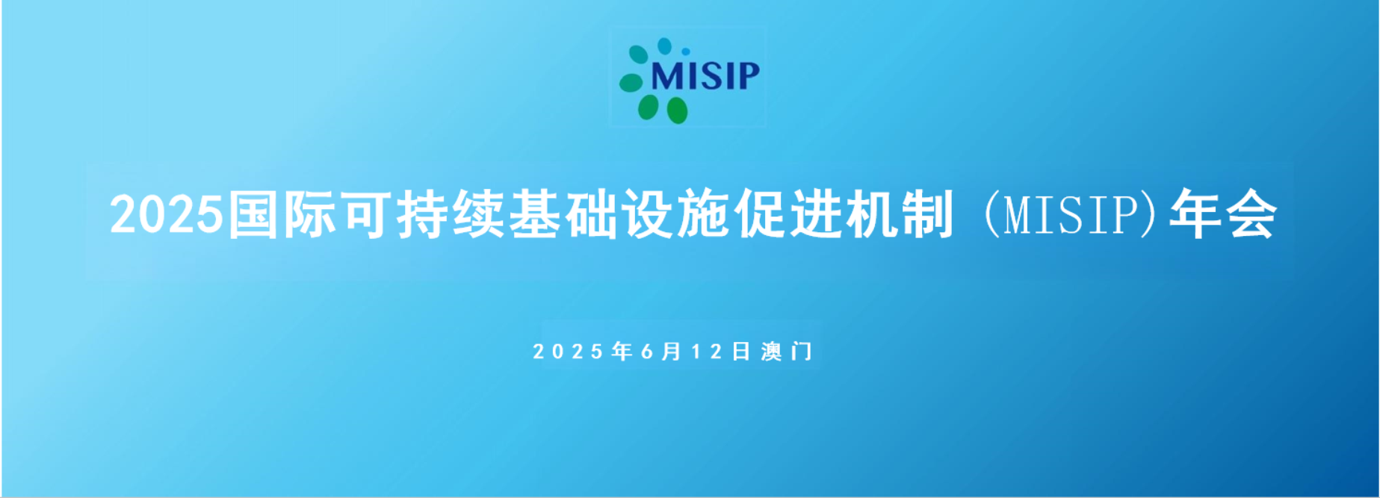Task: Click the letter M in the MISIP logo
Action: pyautogui.click(x=666, y=75)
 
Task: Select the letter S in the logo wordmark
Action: pyautogui.click(x=710, y=75)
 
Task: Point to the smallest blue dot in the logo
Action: pyautogui.click(x=686, y=52)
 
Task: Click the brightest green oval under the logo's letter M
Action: pyautogui.click(x=677, y=110)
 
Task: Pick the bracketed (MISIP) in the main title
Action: pyautogui.click(x=1072, y=215)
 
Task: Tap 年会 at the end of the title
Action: pyautogui.click(x=1222, y=215)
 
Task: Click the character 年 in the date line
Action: pyautogui.click(x=622, y=351)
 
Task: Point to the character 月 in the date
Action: pyautogui.click(x=672, y=351)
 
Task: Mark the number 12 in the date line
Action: pyautogui.click(x=706, y=352)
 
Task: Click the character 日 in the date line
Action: pyautogui.click(x=740, y=351)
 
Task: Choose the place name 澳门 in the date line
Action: pyautogui.click(x=787, y=351)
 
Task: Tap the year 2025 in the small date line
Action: pyautogui.click(x=568, y=352)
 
